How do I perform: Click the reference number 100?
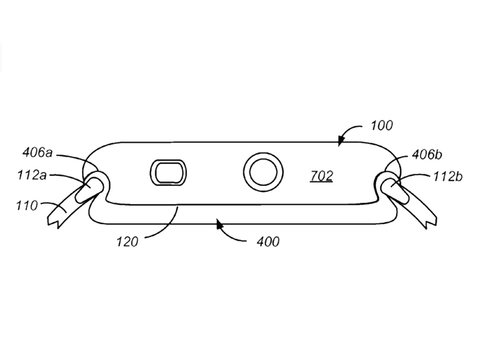(x=381, y=125)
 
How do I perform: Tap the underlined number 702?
(x=321, y=176)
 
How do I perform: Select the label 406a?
(x=37, y=153)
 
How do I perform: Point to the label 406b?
(x=427, y=155)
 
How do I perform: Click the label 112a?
(x=32, y=175)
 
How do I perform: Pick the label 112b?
(x=448, y=177)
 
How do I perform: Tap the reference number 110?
(x=27, y=205)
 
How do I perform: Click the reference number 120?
(x=127, y=242)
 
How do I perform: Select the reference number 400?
(x=268, y=242)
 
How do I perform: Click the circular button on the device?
(x=263, y=172)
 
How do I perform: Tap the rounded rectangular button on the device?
(x=169, y=173)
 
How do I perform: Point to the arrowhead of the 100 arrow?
(x=341, y=142)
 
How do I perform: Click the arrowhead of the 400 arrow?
(x=219, y=225)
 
